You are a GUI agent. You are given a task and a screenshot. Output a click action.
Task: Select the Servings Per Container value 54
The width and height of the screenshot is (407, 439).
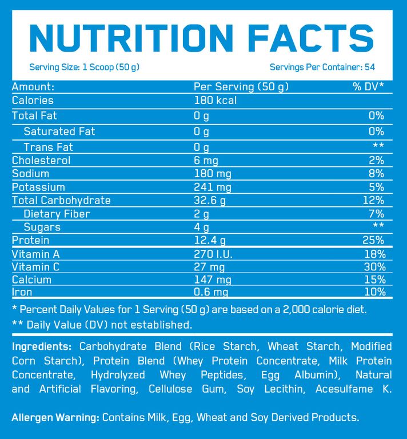pyautogui.click(x=369, y=67)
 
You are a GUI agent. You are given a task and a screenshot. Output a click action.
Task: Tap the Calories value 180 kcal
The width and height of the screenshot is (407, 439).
pyautogui.click(x=216, y=101)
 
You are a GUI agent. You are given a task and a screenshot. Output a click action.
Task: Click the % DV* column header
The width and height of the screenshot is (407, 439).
pyautogui.click(x=368, y=87)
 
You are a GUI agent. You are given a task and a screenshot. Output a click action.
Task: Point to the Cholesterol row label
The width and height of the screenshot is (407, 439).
pyautogui.click(x=41, y=160)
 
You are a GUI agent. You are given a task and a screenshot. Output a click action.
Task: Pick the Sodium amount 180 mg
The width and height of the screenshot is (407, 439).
pyautogui.click(x=213, y=174)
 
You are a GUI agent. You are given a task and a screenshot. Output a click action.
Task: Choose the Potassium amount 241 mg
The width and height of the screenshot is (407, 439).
pyautogui.click(x=213, y=187)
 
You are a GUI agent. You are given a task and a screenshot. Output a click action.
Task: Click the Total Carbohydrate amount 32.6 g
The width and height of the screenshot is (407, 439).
pyautogui.click(x=210, y=201)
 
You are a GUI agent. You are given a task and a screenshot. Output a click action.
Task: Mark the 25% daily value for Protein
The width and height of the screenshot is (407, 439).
pyautogui.click(x=373, y=241)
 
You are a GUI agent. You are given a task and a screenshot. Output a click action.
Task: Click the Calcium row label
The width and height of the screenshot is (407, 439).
pyautogui.click(x=32, y=280)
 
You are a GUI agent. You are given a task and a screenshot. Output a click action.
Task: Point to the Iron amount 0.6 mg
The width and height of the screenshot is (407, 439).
pyautogui.click(x=212, y=293)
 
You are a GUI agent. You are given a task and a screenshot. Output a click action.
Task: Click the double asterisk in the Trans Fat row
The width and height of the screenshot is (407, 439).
pyautogui.click(x=378, y=147)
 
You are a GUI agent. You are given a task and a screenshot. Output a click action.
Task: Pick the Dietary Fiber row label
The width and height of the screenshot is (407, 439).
pyautogui.click(x=57, y=214)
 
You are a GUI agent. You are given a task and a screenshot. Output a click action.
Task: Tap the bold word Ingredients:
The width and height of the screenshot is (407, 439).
pyautogui.click(x=42, y=347)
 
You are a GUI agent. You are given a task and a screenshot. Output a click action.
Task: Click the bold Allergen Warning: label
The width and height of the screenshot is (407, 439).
pyautogui.click(x=55, y=417)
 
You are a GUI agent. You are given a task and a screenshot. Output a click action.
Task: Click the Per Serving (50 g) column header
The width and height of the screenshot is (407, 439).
pyautogui.click(x=241, y=87)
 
